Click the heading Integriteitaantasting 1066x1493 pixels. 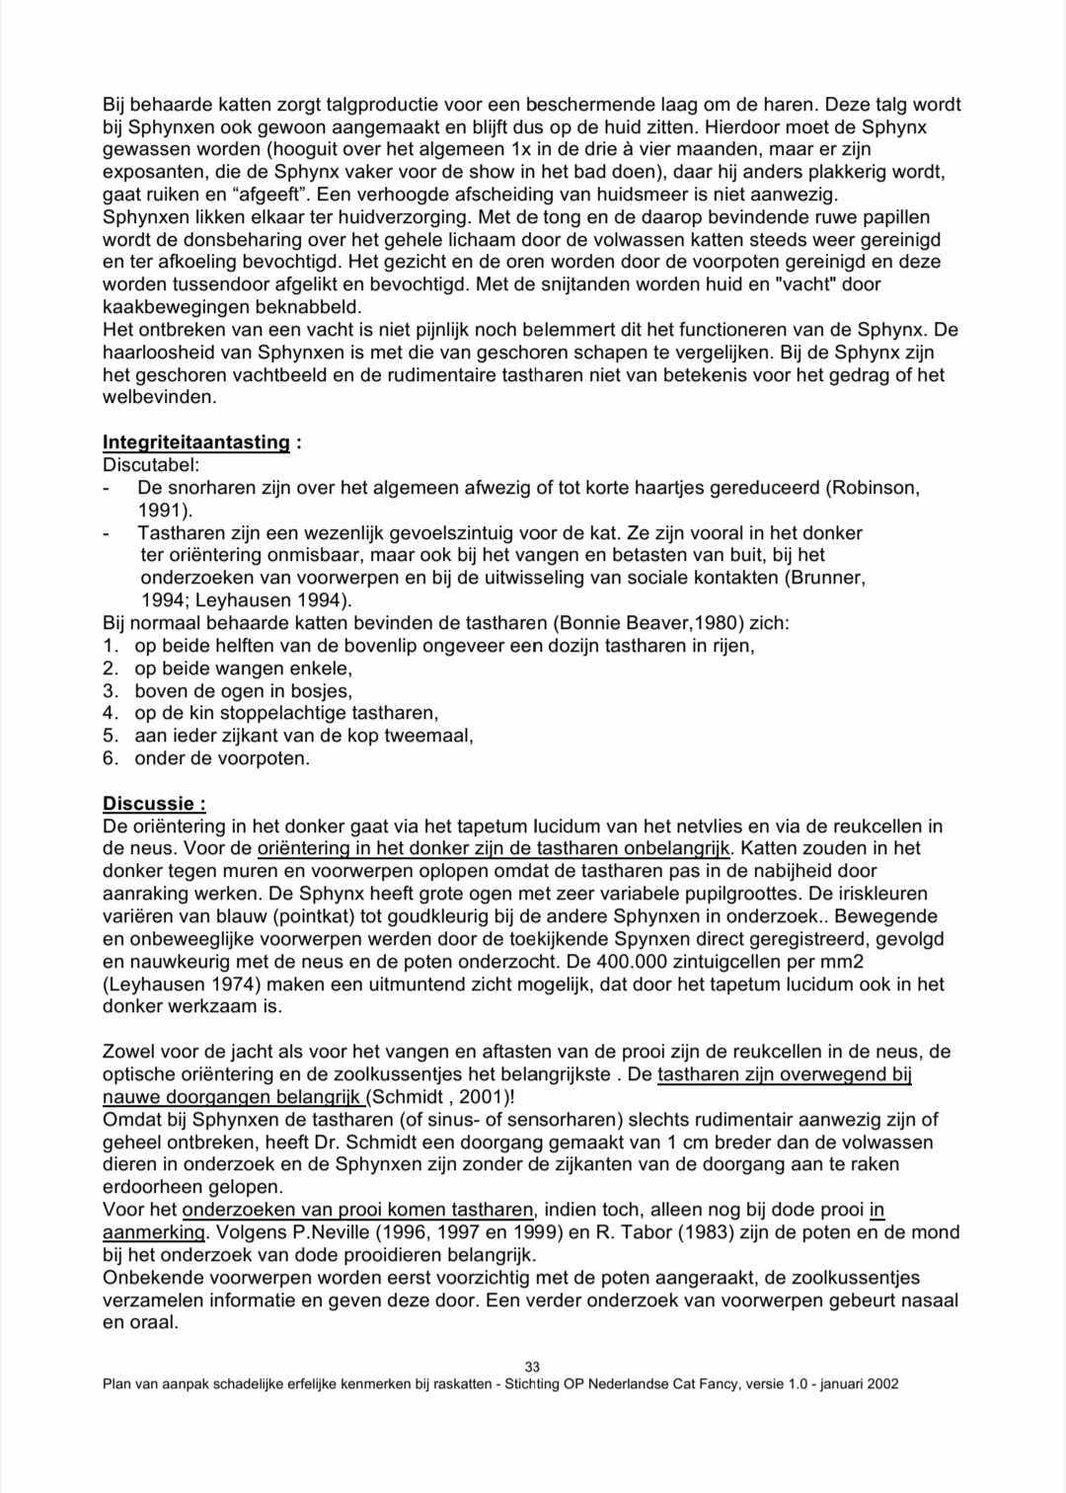coord(195,442)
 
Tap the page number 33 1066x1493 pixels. coord(532,1368)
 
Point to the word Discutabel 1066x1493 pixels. coord(150,464)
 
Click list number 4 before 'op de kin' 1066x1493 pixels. coord(111,713)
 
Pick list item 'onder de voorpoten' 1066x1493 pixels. coord(222,758)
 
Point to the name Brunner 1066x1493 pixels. coord(827,578)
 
